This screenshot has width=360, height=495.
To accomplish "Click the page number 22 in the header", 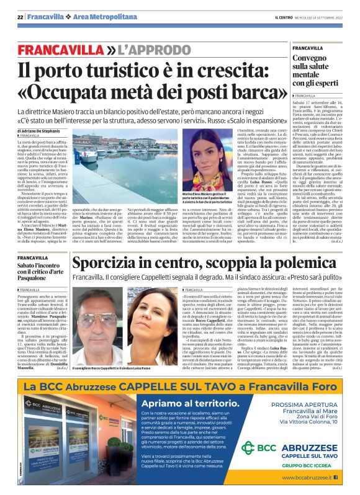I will pyautogui.click(x=20, y=18).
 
